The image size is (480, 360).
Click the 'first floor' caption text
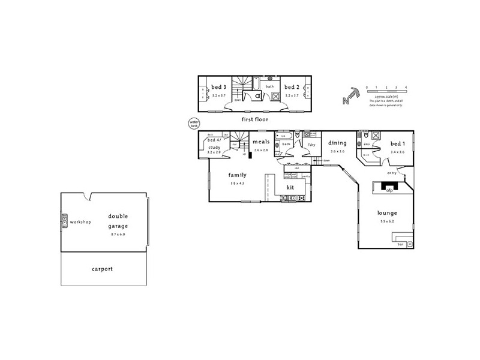254,119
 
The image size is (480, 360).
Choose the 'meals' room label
260,142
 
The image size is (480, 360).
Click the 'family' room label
237,175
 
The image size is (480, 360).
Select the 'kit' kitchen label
290,187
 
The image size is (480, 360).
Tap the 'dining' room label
337,143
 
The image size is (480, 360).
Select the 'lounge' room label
387,213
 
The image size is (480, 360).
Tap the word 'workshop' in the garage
80,222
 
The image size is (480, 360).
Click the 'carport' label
103,269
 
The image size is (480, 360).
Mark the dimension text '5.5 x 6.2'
387,222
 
